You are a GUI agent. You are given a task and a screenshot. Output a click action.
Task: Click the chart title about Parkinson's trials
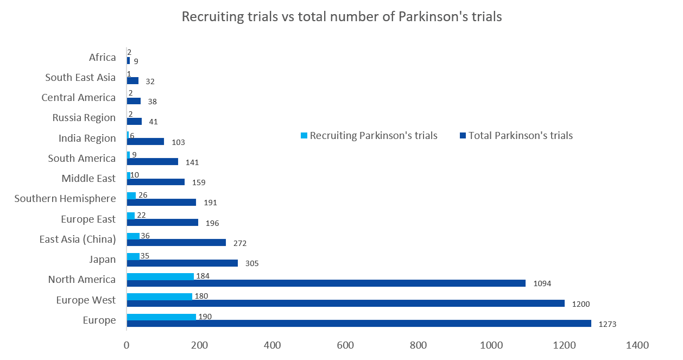click(x=341, y=17)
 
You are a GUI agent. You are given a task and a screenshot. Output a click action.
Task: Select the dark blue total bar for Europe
click(x=358, y=324)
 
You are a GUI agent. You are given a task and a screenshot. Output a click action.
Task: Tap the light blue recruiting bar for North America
click(x=160, y=276)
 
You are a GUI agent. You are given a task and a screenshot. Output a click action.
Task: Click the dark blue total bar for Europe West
click(x=345, y=304)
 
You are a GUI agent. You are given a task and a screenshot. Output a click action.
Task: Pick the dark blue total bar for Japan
click(x=182, y=263)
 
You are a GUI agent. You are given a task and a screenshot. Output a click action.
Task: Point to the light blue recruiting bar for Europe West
click(x=159, y=296)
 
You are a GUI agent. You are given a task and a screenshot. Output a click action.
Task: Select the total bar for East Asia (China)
click(x=176, y=243)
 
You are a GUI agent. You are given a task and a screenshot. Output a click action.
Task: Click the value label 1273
click(x=607, y=325)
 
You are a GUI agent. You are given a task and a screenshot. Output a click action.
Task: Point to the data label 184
click(x=202, y=276)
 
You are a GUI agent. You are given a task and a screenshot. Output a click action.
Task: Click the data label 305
click(x=252, y=263)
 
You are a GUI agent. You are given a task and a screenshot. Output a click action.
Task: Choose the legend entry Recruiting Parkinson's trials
click(x=369, y=136)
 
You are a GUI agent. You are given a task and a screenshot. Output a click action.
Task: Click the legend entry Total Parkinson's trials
click(x=516, y=136)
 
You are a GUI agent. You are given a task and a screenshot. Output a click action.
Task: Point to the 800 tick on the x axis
click(x=419, y=345)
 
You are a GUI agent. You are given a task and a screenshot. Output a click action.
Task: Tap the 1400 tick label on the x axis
click(x=637, y=345)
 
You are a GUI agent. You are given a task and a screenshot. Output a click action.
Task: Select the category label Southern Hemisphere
click(x=65, y=199)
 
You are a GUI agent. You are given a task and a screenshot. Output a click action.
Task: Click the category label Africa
click(x=103, y=58)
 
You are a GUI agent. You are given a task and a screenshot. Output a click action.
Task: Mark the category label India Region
click(x=87, y=138)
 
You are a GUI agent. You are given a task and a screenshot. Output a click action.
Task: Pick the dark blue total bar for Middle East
click(x=155, y=182)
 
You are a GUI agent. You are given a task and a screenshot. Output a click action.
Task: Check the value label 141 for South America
click(x=192, y=162)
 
